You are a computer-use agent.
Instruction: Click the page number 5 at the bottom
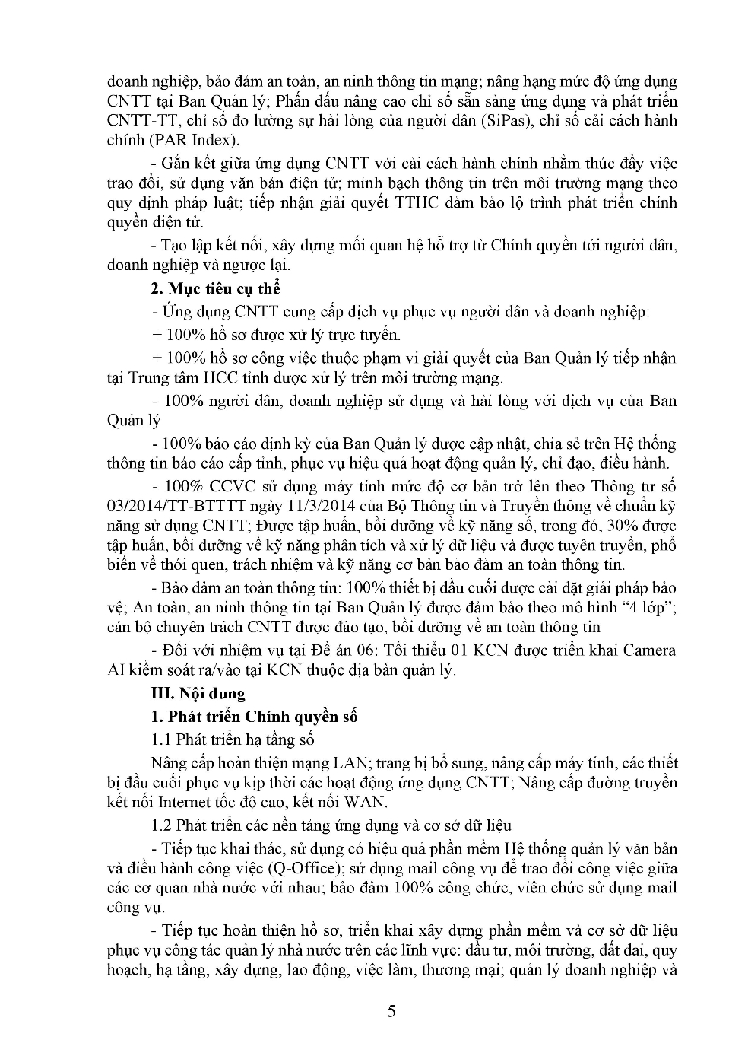(391, 1011)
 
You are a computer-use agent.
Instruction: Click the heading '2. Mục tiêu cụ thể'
(216, 288)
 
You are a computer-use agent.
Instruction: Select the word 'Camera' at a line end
(649, 650)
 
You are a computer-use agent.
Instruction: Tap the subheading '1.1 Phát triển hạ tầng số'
(233, 739)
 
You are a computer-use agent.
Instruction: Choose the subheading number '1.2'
(163, 825)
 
